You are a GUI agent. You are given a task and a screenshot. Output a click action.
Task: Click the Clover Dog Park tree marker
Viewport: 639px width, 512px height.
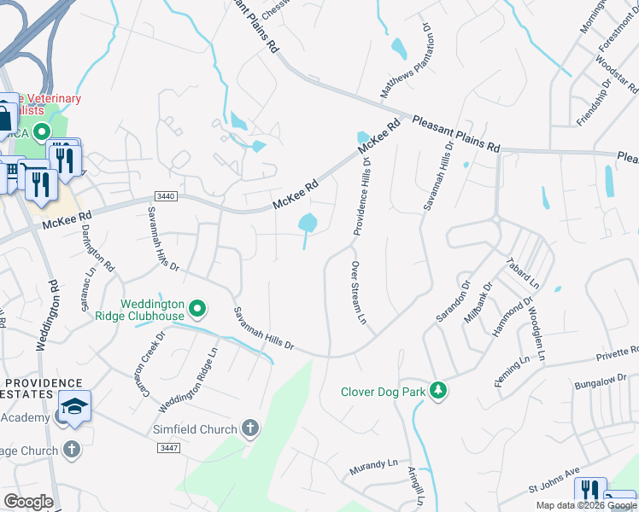[x=438, y=391]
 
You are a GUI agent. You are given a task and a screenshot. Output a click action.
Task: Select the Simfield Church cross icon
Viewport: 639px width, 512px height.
[x=250, y=428]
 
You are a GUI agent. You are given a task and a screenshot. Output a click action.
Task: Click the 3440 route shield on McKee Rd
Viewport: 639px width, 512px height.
[x=167, y=196]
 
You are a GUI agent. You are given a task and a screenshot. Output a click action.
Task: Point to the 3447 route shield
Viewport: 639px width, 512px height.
[x=168, y=447]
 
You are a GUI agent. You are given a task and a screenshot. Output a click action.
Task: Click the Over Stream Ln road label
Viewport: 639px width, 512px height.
[x=357, y=293]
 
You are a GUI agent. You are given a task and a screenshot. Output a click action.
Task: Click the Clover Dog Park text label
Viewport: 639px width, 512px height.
[x=383, y=392]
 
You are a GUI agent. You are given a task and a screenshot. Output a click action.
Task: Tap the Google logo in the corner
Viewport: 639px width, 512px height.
[x=28, y=502]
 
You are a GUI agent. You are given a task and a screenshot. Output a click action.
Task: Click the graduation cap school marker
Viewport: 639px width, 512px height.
[x=74, y=405]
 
